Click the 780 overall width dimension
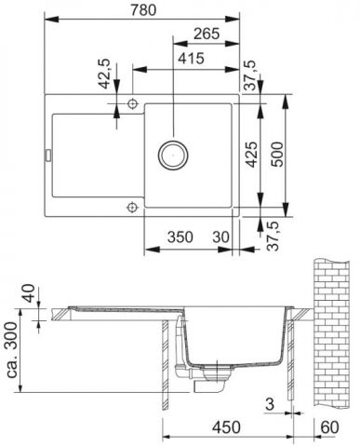(143, 10)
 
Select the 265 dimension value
(207, 34)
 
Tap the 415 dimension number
(191, 59)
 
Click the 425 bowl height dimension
(251, 155)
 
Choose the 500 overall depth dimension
(276, 155)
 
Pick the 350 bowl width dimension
(180, 237)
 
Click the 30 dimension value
(220, 237)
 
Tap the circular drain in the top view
(173, 155)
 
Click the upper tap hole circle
(133, 103)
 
